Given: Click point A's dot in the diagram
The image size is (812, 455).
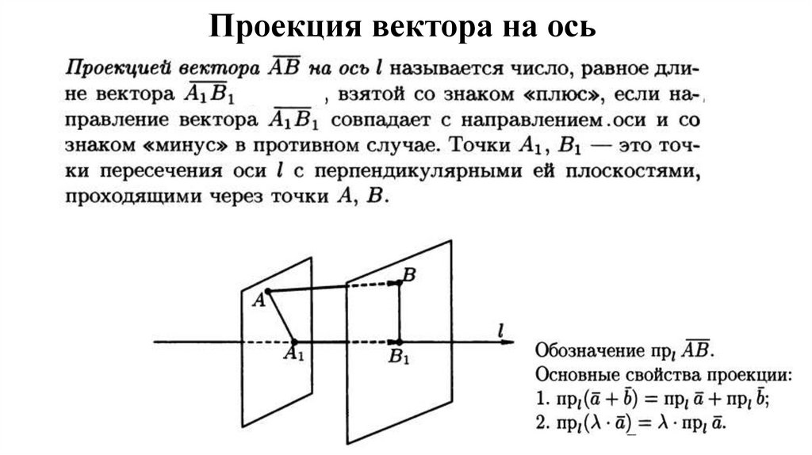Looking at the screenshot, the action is point(268,292).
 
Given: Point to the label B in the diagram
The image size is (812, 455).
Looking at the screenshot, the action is point(409,274).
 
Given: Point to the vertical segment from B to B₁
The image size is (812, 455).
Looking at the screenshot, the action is point(399,313).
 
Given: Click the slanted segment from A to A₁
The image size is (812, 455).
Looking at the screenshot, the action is point(281,316).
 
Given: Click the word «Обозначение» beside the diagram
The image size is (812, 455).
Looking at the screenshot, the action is point(588,350).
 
